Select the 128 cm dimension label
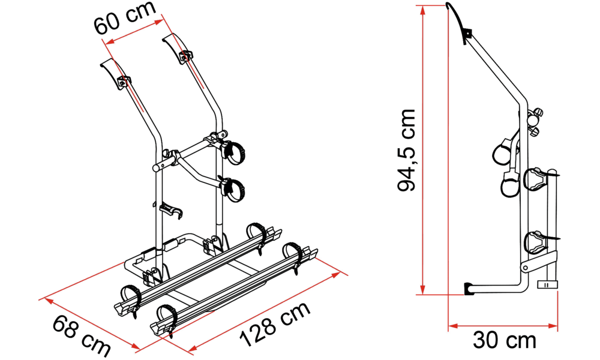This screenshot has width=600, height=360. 275,324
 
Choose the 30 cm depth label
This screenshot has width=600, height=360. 505,340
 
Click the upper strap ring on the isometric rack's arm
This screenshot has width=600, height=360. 235,152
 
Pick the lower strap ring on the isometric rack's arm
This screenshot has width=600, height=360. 234,189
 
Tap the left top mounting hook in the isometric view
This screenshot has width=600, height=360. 115,74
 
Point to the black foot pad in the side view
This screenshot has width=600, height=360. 469,289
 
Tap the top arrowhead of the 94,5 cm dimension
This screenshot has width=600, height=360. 422,10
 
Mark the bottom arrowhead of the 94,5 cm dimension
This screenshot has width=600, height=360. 422,290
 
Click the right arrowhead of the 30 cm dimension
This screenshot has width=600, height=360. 553,326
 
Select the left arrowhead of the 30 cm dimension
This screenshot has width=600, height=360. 454,326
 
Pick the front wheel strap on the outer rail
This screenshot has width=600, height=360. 166,316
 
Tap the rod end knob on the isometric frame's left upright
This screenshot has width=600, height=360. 157,167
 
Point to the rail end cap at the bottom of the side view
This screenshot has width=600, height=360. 547,284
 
